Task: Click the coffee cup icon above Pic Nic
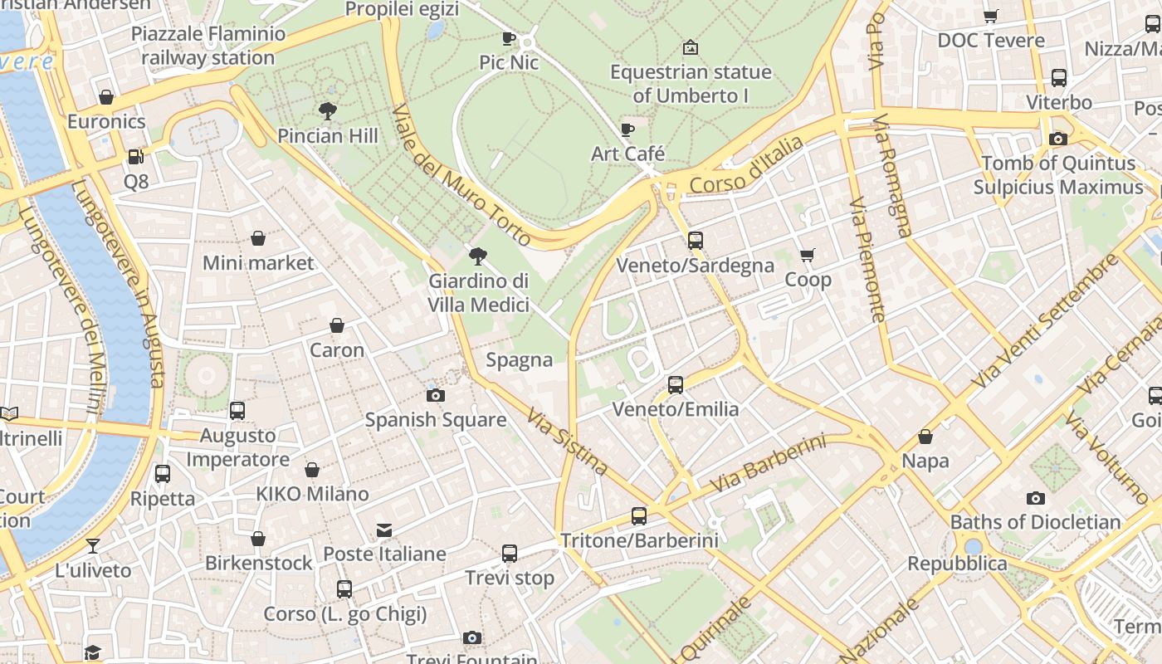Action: pyautogui.click(x=509, y=38)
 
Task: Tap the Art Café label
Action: pyautogui.click(x=627, y=154)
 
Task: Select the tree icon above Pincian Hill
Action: pyautogui.click(x=328, y=110)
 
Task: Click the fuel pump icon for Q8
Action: pyautogui.click(x=135, y=157)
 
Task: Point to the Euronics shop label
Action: pyautogui.click(x=106, y=121)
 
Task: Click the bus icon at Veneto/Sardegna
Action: pyautogui.click(x=696, y=241)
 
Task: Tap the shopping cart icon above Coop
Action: pyautogui.click(x=808, y=256)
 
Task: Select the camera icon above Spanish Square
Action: pyautogui.click(x=436, y=395)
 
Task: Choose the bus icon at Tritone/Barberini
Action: pyautogui.click(x=639, y=516)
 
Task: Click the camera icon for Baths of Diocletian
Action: pyautogui.click(x=1035, y=498)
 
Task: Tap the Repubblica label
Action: pyautogui.click(x=957, y=564)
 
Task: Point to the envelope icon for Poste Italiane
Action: pyautogui.click(x=384, y=530)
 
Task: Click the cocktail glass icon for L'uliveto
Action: pyautogui.click(x=93, y=546)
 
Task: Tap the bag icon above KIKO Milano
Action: pyautogui.click(x=312, y=471)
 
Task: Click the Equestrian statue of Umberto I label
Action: pyautogui.click(x=691, y=84)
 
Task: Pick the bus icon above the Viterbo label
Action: pyautogui.click(x=1059, y=78)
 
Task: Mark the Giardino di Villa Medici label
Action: pyautogui.click(x=478, y=293)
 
